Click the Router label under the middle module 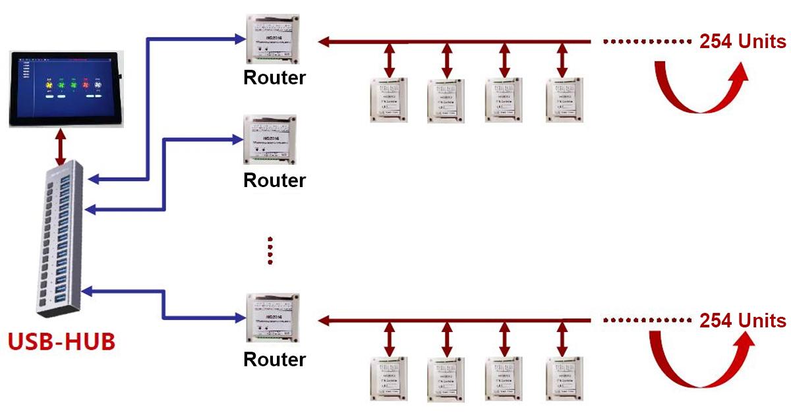(274, 180)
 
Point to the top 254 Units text (742, 41)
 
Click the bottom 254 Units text (742, 321)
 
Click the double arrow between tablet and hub (61, 149)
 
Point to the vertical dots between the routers (270, 250)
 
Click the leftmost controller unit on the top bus (389, 99)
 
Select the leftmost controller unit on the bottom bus (389, 379)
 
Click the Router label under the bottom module (274, 360)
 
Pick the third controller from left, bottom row (505, 379)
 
